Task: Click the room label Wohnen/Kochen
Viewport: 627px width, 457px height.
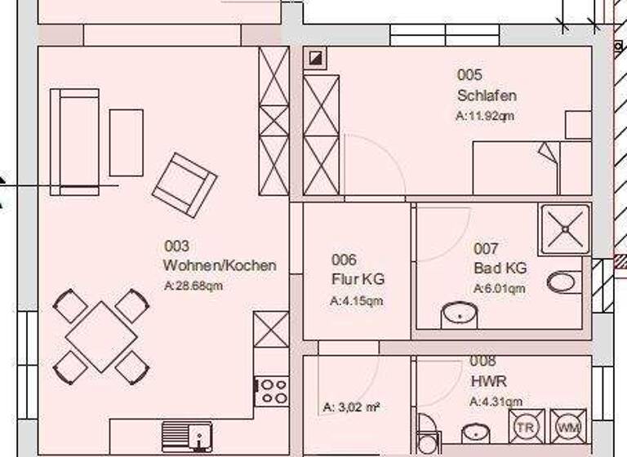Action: click(x=220, y=265)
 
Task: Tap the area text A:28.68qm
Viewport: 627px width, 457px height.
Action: click(x=193, y=286)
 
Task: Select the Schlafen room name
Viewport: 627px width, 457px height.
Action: click(x=487, y=95)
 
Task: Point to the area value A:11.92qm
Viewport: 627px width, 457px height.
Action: click(x=485, y=116)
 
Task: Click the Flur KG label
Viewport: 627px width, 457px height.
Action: click(x=358, y=279)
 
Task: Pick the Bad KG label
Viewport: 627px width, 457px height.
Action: click(x=500, y=268)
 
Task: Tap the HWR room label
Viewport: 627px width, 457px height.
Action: click(x=488, y=381)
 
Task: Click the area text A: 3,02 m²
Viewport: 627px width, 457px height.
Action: click(x=352, y=406)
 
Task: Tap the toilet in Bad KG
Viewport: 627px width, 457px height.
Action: click(x=563, y=282)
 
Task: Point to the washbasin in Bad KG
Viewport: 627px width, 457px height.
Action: click(x=459, y=314)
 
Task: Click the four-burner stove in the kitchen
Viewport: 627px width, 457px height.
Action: click(x=272, y=390)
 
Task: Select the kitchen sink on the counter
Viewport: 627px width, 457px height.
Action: click(x=186, y=434)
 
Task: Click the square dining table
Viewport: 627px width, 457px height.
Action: click(x=101, y=336)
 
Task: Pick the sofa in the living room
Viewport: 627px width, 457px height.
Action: click(x=74, y=142)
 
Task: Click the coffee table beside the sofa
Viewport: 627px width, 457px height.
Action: click(x=126, y=143)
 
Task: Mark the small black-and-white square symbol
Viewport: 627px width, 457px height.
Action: click(x=315, y=58)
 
